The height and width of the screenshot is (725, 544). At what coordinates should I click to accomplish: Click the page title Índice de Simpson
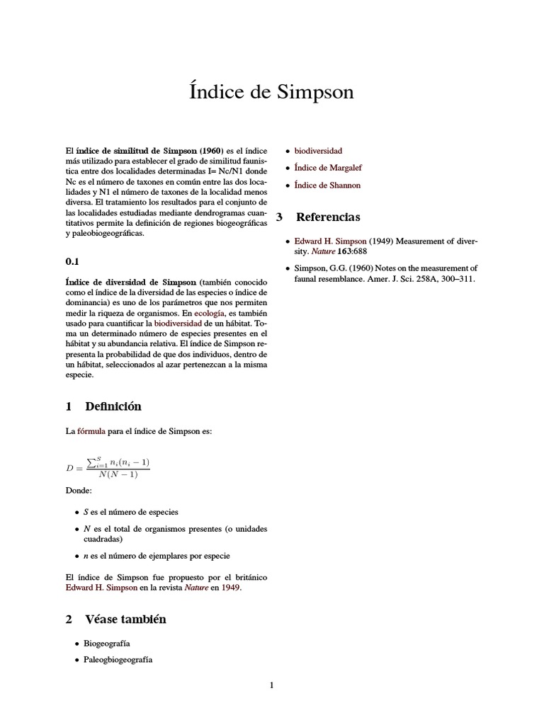271,93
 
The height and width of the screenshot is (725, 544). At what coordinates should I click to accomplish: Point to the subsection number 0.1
72,261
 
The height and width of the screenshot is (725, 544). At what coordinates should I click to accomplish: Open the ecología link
212,312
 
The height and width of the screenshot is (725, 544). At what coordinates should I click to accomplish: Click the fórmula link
91,431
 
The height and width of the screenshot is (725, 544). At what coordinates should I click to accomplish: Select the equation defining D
108,467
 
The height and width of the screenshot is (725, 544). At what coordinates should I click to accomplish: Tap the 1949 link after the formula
230,588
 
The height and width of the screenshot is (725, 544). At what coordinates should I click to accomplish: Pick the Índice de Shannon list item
327,185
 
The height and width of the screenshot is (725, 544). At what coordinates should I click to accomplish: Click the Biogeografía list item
107,644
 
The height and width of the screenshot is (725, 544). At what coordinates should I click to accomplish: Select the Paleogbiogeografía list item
118,660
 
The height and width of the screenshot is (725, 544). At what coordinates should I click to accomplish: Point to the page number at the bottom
271,685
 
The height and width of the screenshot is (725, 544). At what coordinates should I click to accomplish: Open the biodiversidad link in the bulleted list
318,151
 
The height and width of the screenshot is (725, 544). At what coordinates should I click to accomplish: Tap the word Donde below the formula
79,491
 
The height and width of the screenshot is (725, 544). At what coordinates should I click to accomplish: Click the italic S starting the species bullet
86,512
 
